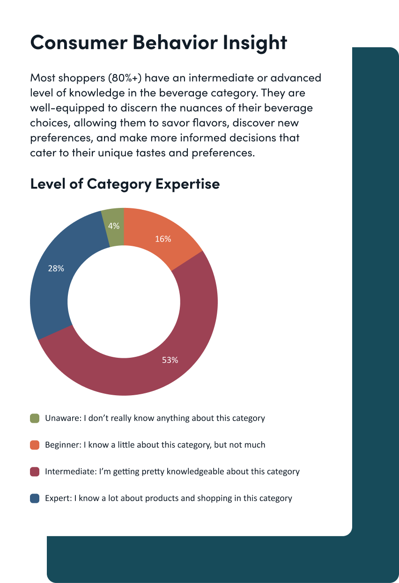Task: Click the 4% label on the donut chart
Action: (x=114, y=226)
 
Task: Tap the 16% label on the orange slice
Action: (x=163, y=239)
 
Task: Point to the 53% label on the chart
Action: (x=170, y=360)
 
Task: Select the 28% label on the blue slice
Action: (x=56, y=268)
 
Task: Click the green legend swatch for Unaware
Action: (x=35, y=418)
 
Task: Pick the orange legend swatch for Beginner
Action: (x=35, y=445)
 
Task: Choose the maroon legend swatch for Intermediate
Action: (x=35, y=472)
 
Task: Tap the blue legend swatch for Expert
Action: (x=35, y=498)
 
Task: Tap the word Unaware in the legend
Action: (x=62, y=418)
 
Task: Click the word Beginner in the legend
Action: (x=63, y=445)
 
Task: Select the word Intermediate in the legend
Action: (x=70, y=472)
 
